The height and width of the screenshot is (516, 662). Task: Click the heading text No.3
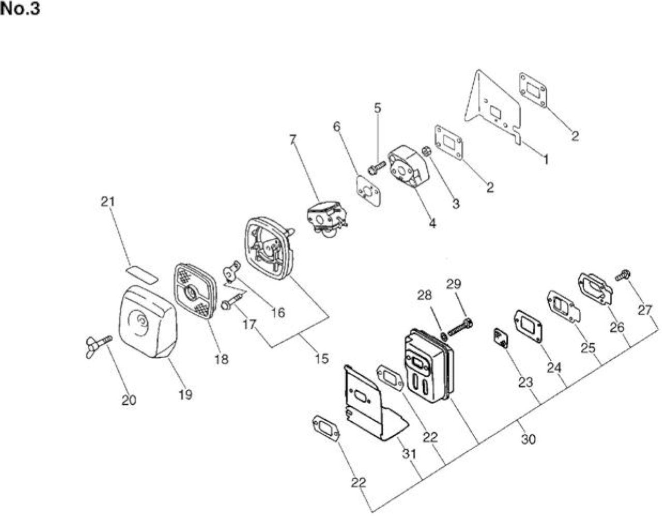click(x=20, y=9)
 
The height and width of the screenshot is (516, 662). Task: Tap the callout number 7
click(x=292, y=140)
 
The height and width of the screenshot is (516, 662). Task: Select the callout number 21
click(x=108, y=202)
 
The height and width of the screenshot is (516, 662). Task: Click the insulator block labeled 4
click(x=408, y=167)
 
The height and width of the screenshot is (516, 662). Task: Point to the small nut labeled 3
click(x=425, y=152)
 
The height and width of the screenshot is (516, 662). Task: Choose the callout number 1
click(x=546, y=159)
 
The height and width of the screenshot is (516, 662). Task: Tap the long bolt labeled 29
click(x=459, y=327)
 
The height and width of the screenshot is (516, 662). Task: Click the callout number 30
click(x=528, y=439)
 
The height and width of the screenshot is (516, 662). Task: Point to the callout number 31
click(x=409, y=454)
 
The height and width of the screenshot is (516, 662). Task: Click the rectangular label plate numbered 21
click(x=142, y=274)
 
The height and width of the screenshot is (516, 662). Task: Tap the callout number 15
click(x=322, y=359)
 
